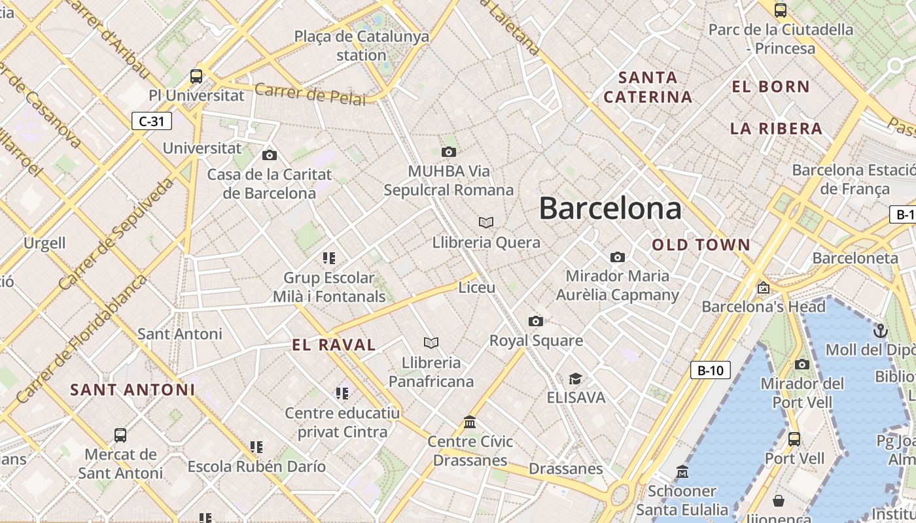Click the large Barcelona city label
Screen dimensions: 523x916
pyautogui.click(x=610, y=209)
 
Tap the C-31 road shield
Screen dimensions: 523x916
pyautogui.click(x=152, y=121)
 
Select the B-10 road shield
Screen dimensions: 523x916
pyautogui.click(x=710, y=371)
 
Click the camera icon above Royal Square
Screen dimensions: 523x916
pyautogui.click(x=536, y=321)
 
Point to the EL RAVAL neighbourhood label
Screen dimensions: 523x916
pyautogui.click(x=334, y=345)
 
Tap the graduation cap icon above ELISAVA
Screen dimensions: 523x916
pyautogui.click(x=575, y=379)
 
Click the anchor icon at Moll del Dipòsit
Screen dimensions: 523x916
pyautogui.click(x=881, y=330)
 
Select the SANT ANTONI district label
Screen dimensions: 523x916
pyautogui.click(x=133, y=390)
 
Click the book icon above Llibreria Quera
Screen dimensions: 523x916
pyautogui.click(x=485, y=222)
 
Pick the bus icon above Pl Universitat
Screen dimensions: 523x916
pyautogui.click(x=196, y=76)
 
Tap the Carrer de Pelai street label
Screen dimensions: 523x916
pyautogui.click(x=310, y=93)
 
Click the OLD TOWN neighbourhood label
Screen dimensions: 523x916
pyautogui.click(x=701, y=245)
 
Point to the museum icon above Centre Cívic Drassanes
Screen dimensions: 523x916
pyautogui.click(x=470, y=422)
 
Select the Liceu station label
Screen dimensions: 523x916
pyautogui.click(x=476, y=288)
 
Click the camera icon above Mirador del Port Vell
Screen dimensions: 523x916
pyautogui.click(x=802, y=364)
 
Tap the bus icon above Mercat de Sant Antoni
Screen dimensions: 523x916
pyautogui.click(x=120, y=435)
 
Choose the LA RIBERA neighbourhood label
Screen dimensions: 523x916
pyautogui.click(x=776, y=129)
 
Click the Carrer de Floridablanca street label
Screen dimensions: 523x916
pyautogui.click(x=82, y=339)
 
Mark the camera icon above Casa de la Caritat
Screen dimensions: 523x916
pyautogui.click(x=269, y=155)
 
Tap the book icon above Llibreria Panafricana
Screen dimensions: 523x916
pyautogui.click(x=431, y=343)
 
